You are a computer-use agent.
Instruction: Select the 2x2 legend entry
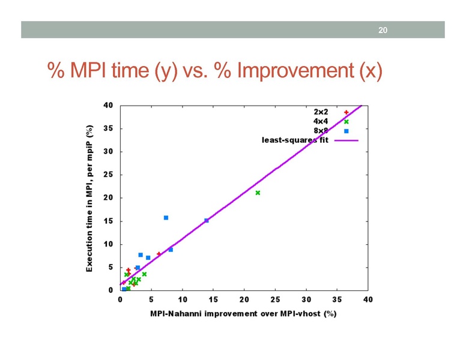click(321, 112)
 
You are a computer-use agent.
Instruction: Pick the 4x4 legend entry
click(321, 122)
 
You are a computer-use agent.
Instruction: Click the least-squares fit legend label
click(295, 140)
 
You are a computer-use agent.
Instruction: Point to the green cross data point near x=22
click(258, 193)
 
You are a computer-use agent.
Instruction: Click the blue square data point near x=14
click(207, 220)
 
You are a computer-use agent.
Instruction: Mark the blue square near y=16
click(166, 217)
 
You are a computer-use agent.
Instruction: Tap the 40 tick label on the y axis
click(108, 106)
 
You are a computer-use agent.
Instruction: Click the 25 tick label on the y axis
click(108, 175)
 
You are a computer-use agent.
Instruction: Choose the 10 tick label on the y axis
click(108, 244)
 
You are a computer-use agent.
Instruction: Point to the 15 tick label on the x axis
click(213, 299)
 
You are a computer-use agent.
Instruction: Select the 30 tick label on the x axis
click(306, 299)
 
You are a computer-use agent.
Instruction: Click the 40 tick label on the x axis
click(368, 299)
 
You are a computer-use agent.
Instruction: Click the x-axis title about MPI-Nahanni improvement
click(243, 314)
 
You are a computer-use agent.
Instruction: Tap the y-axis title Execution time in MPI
click(89, 198)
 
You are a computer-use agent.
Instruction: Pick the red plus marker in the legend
click(346, 112)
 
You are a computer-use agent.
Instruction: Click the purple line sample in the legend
click(346, 140)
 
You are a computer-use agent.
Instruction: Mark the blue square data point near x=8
click(171, 249)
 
